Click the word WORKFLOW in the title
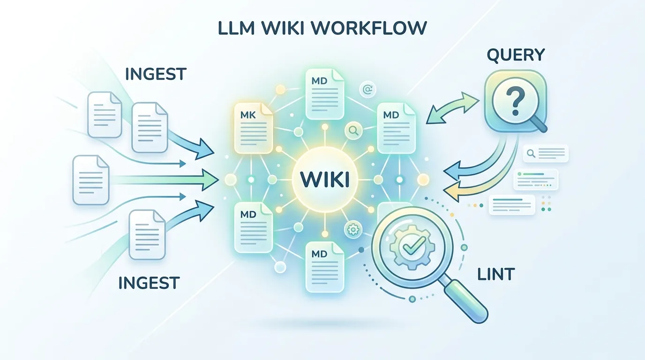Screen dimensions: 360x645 tap(369, 28)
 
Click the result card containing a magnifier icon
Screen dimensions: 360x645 tap(546, 153)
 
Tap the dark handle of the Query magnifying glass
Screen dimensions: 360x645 tap(539, 124)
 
